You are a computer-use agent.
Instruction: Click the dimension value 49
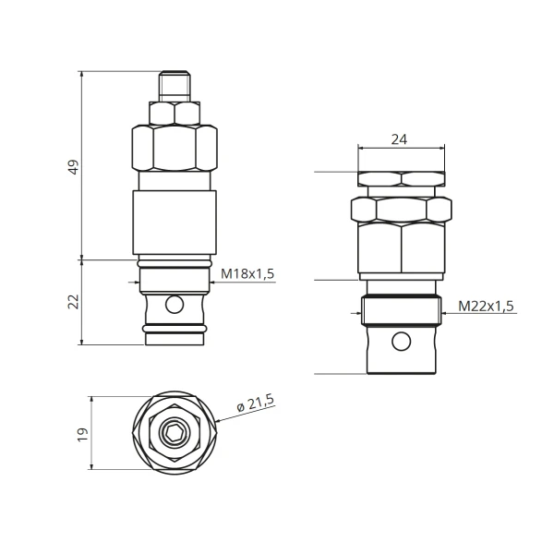click(x=74, y=167)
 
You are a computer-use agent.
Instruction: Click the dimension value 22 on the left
click(x=74, y=301)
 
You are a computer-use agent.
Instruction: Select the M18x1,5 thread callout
click(x=247, y=273)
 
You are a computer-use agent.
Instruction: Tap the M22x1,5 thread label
click(x=487, y=306)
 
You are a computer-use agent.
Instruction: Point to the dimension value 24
click(x=399, y=139)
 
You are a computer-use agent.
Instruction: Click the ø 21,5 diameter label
click(x=255, y=403)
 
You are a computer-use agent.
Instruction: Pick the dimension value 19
click(x=83, y=435)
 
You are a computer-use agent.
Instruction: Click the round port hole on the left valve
click(x=175, y=305)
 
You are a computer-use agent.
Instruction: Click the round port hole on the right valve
click(x=402, y=342)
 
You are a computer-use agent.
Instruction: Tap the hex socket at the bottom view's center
click(x=175, y=432)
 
